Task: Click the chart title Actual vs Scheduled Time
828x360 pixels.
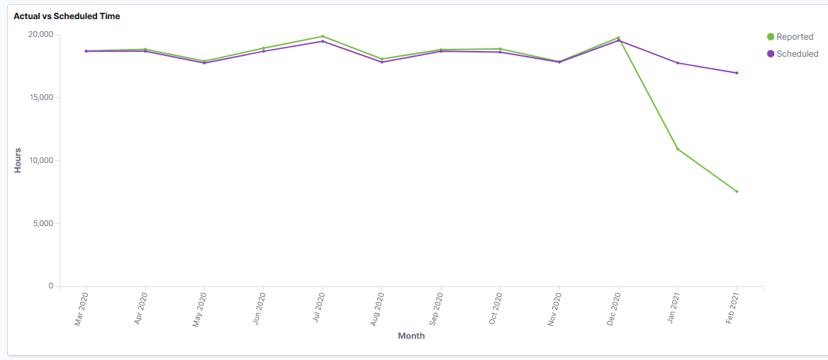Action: pos(67,16)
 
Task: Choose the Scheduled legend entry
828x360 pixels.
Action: pos(797,54)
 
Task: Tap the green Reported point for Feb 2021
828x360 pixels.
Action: pos(737,191)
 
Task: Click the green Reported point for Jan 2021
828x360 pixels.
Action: pos(678,149)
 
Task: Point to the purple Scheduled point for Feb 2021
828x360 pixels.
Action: pos(737,73)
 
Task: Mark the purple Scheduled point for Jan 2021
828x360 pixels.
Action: pos(678,63)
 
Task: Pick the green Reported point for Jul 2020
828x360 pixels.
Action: pos(323,36)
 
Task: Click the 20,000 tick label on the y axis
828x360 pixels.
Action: pos(40,35)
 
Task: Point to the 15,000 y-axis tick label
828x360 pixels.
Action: pos(40,98)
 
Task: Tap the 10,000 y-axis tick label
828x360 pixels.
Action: pos(40,161)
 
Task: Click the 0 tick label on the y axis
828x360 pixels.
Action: pos(50,286)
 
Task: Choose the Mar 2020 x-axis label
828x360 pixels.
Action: pos(81,310)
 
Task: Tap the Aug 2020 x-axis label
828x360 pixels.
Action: pos(376,310)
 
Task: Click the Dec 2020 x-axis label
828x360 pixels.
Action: pos(613,310)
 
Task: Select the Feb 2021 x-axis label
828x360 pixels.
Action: pos(732,310)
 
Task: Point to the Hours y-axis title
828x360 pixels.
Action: pos(18,160)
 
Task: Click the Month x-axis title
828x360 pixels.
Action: pos(411,336)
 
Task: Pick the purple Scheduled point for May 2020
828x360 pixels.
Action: pos(204,63)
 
